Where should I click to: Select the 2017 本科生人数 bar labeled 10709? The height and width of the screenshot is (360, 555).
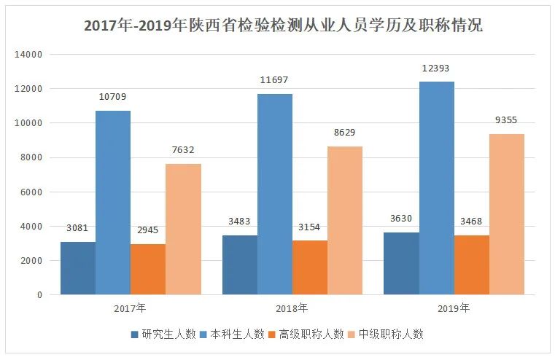[113, 203]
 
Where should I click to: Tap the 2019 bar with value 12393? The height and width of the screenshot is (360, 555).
[437, 188]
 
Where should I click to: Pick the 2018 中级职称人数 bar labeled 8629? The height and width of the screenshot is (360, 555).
[345, 220]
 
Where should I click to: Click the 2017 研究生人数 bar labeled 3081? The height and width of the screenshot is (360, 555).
[78, 268]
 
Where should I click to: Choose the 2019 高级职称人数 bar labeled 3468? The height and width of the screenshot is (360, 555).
[472, 265]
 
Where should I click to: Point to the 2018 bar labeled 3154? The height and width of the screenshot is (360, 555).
[310, 267]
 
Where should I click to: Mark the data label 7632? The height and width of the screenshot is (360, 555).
[182, 150]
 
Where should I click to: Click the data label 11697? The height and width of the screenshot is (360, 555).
[275, 80]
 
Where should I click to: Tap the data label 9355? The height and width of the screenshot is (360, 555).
[507, 120]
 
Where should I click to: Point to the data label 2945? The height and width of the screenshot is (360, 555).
[147, 230]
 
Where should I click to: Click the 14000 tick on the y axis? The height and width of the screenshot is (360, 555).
[30, 55]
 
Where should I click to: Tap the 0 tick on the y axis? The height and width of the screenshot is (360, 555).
[39, 295]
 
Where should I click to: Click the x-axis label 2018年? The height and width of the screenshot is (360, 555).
[292, 308]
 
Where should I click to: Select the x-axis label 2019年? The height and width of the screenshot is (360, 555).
[454, 308]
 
